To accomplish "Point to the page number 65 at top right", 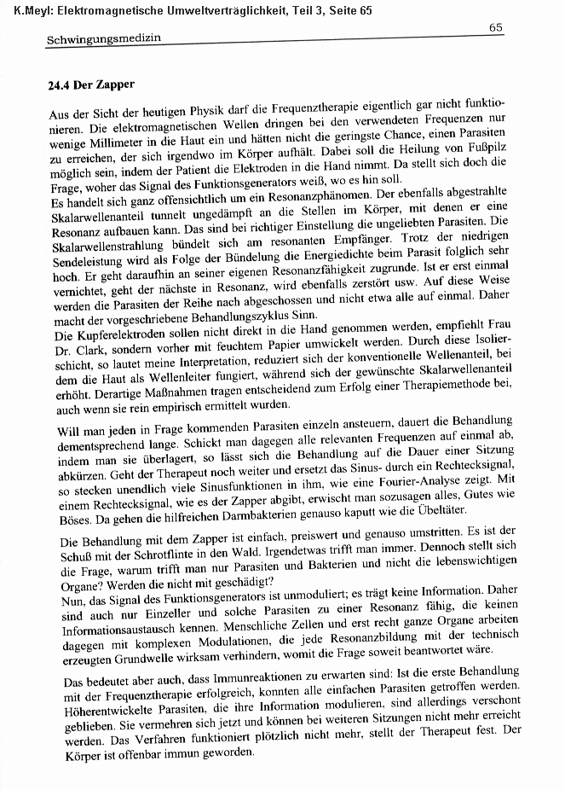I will click(496, 27).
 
